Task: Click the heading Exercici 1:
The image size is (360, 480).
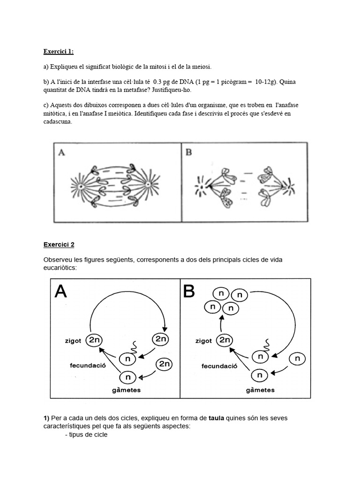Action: [59, 52]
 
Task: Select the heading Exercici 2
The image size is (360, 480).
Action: [59, 244]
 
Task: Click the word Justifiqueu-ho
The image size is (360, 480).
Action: [173, 89]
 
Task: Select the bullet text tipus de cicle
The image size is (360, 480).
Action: [89, 434]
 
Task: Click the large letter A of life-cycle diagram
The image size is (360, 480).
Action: [61, 292]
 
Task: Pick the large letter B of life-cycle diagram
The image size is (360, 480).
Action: [188, 292]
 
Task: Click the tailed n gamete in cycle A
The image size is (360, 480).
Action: [128, 359]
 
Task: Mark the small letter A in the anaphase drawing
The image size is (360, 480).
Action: [61, 152]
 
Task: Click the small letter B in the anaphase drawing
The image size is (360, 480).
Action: [189, 152]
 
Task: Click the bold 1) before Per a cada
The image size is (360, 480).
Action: [46, 417]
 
